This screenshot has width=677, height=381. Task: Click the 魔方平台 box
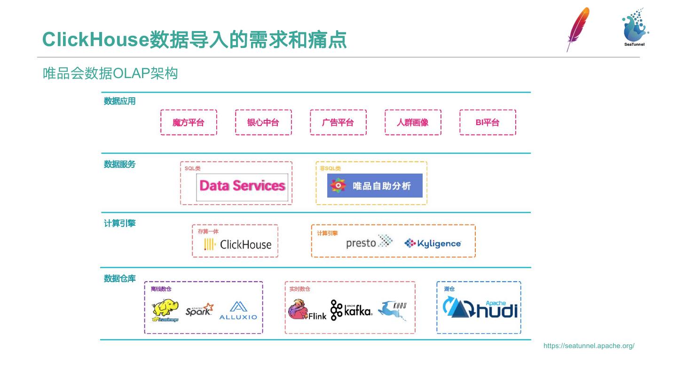[189, 122]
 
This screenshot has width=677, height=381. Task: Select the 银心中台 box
[263, 122]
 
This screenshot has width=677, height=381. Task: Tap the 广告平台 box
[338, 122]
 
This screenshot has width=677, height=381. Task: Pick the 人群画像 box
[413, 122]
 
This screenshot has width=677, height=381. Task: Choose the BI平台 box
[488, 122]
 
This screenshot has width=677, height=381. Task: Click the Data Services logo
[242, 186]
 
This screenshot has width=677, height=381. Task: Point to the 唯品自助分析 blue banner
[375, 186]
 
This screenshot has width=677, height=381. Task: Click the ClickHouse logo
[238, 245]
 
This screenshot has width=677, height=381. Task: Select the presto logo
[369, 242]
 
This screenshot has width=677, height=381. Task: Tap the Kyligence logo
[433, 243]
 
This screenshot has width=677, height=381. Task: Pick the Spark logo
[199, 310]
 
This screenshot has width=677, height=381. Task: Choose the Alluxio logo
[238, 311]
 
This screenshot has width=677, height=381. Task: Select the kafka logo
[351, 310]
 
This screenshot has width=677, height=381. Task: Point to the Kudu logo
[393, 310]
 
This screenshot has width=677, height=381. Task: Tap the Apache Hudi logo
[480, 309]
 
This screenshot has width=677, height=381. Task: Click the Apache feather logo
[578, 28]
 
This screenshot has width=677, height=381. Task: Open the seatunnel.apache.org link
[589, 346]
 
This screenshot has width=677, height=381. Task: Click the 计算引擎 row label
[119, 223]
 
